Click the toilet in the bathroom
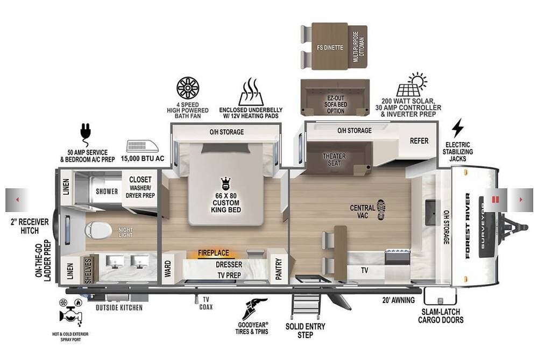[98, 230]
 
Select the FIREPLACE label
[214, 253]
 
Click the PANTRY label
[278, 269]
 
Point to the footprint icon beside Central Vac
[380, 209]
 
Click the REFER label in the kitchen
[419, 140]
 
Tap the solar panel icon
[412, 84]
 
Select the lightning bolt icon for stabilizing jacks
[457, 128]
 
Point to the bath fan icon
[188, 88]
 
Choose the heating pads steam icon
[251, 91]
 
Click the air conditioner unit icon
[143, 146]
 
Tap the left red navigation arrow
[17, 200]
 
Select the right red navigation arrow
[521, 200]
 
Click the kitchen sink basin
[433, 213]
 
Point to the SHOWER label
[107, 192]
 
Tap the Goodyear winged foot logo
[254, 309]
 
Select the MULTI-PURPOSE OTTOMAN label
[359, 47]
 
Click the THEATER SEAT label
[334, 160]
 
